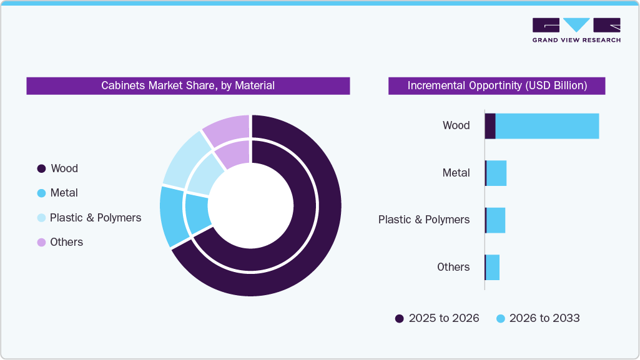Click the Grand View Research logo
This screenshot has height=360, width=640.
[x=576, y=30]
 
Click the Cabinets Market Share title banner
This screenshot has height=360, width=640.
[x=188, y=85]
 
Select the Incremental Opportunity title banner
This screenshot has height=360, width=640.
[x=497, y=85]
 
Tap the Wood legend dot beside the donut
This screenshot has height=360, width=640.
[x=42, y=168]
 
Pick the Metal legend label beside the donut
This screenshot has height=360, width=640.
[x=64, y=193]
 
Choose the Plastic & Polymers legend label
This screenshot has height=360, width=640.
[x=96, y=218]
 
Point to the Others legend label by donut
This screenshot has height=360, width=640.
[x=66, y=242]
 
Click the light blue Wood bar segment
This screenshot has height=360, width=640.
[x=547, y=126]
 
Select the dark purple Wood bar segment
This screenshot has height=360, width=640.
[x=490, y=126]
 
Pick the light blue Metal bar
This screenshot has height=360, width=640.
[x=496, y=173]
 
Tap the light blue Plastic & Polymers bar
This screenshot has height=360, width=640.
[x=496, y=220]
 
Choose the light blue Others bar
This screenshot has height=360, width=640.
[x=493, y=267]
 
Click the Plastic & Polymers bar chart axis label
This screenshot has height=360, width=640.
[x=424, y=220]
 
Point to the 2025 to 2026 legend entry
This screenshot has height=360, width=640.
[x=437, y=318]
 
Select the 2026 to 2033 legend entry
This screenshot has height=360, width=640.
[x=538, y=318]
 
